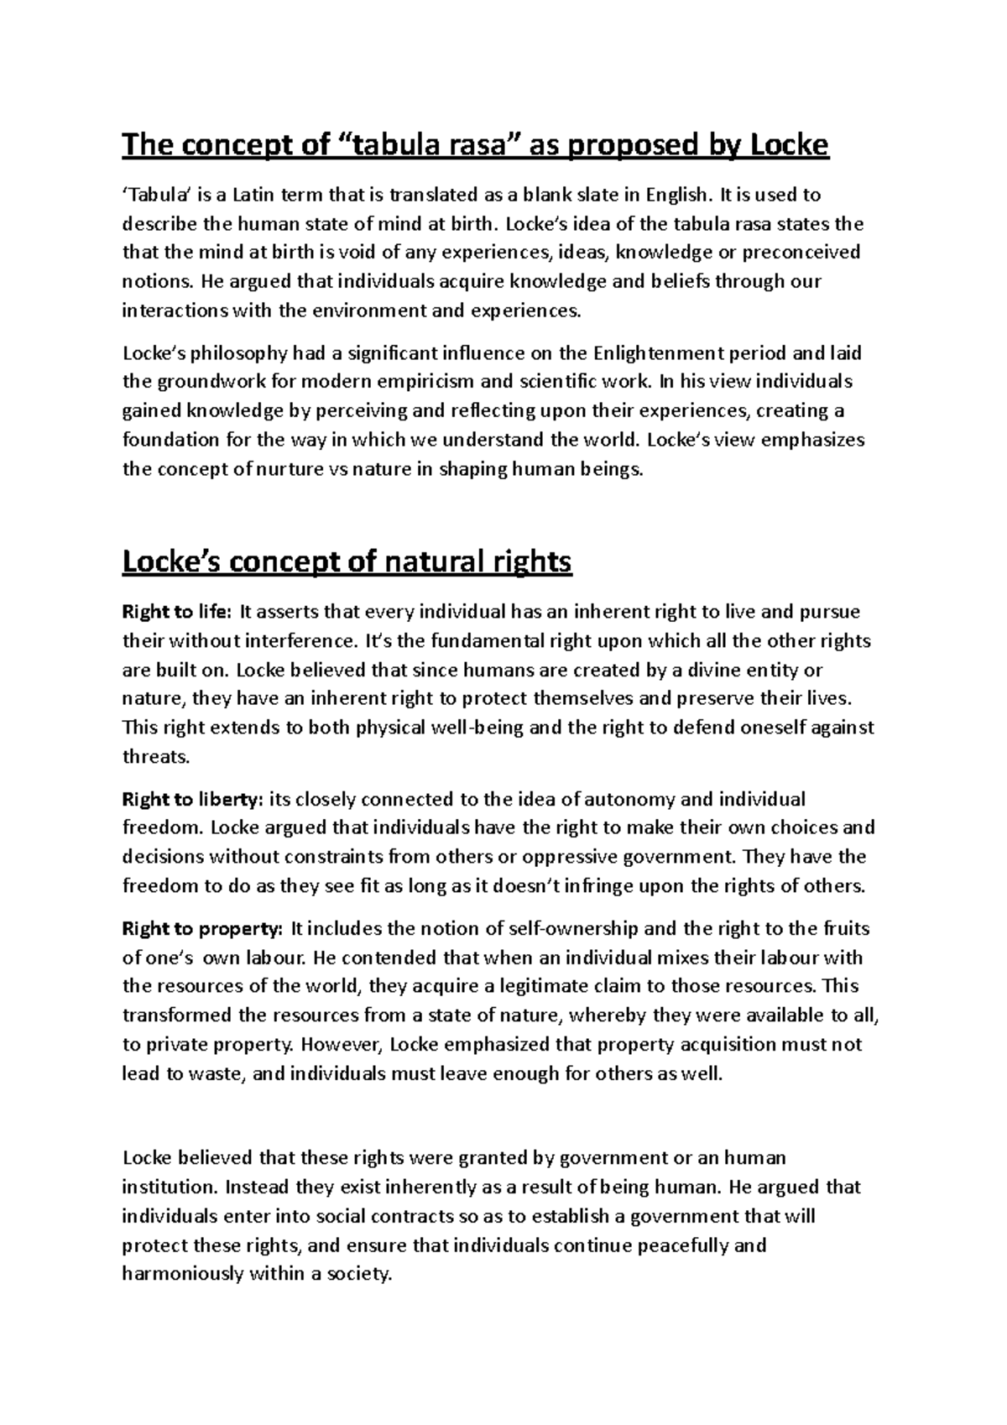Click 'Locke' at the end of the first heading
pos(787,146)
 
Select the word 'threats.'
pos(156,756)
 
